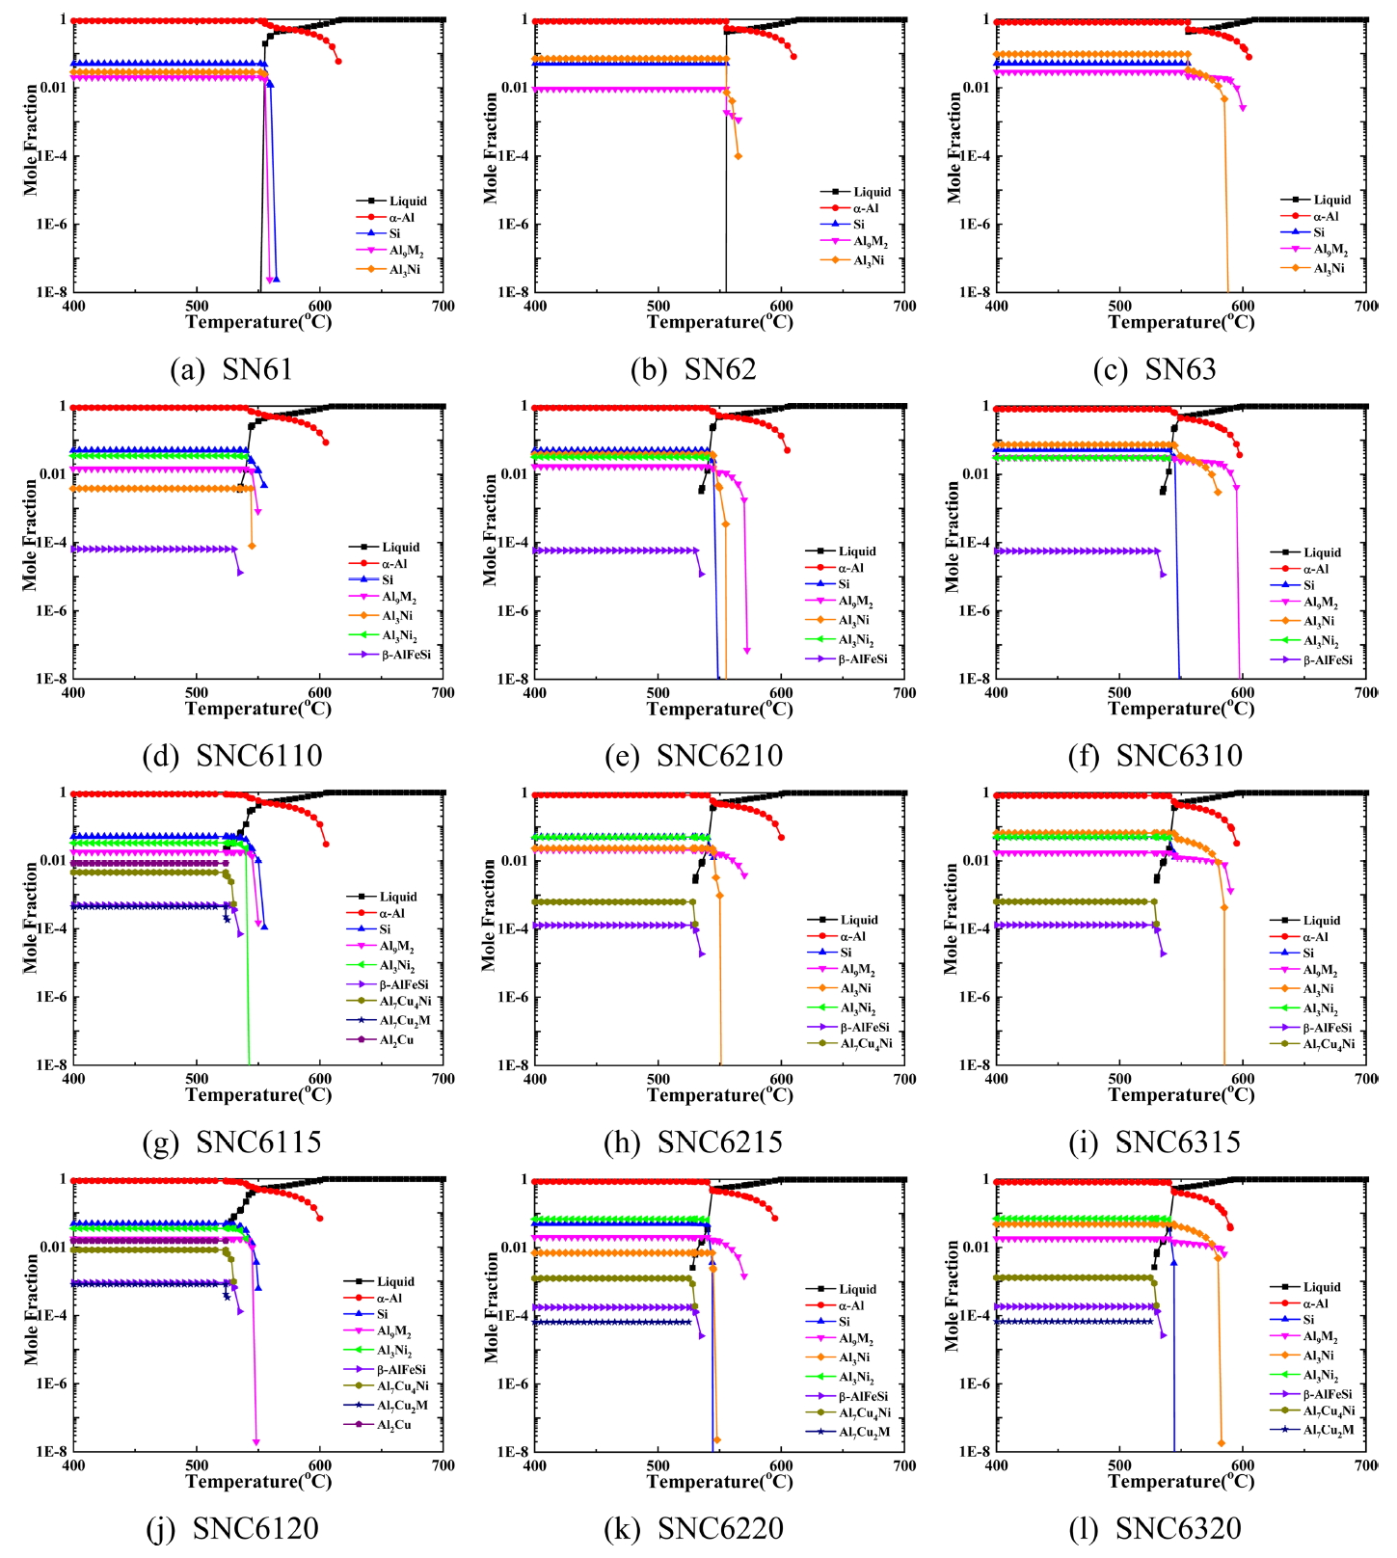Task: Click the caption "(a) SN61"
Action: [x=231, y=369]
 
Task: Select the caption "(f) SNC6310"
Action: [x=1155, y=756]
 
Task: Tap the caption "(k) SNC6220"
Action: [x=693, y=1528]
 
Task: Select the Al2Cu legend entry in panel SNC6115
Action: [x=396, y=1039]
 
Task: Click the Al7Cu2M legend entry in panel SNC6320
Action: [x=1328, y=1430]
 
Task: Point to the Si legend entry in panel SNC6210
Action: [x=844, y=584]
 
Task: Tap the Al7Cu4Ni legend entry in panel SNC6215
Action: [x=866, y=1043]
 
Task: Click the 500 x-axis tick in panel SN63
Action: [x=1119, y=306]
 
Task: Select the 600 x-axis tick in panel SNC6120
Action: [x=319, y=1465]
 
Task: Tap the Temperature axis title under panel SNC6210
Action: [x=719, y=709]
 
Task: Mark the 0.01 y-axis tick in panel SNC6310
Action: [x=975, y=474]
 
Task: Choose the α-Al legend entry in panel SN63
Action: [x=1327, y=216]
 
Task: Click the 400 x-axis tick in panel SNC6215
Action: [x=535, y=1079]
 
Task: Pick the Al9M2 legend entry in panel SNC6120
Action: [x=393, y=1332]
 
